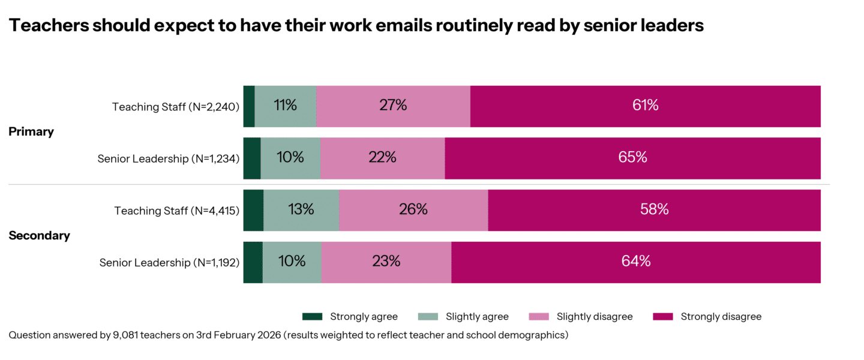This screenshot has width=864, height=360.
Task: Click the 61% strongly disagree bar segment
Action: tap(645, 106)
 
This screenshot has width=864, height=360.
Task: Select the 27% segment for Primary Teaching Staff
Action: tap(393, 106)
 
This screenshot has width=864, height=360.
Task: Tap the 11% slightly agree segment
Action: tap(286, 106)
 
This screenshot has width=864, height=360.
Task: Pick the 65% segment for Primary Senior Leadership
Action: tap(632, 158)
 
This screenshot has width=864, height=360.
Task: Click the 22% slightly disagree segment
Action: tap(382, 158)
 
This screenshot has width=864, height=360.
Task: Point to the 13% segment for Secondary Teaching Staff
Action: tap(301, 210)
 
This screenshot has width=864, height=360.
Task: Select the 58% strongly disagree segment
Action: tap(654, 210)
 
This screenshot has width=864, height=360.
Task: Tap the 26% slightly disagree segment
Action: tap(413, 210)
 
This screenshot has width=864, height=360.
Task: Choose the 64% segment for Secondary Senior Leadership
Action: tap(636, 262)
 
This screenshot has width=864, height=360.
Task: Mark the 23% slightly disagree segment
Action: tap(386, 262)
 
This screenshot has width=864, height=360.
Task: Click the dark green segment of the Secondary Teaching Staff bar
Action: tap(253, 210)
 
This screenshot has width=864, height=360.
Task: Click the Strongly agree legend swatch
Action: tap(312, 317)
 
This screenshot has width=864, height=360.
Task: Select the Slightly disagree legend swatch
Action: tap(539, 317)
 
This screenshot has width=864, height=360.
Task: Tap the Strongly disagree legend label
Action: tap(721, 317)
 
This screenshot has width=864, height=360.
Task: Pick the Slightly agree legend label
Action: tap(477, 317)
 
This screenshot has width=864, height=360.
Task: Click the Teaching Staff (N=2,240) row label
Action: tap(176, 107)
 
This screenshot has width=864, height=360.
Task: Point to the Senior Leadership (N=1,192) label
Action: tap(169, 263)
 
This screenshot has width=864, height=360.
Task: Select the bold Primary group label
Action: tap(31, 132)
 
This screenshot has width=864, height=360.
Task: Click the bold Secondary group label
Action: tap(39, 236)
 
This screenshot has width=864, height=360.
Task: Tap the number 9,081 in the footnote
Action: tap(126, 335)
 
